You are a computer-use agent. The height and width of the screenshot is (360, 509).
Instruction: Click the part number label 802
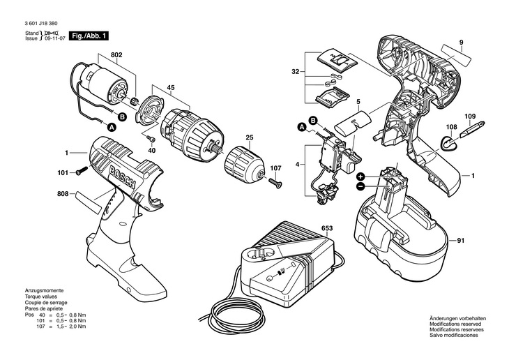tap(116, 55)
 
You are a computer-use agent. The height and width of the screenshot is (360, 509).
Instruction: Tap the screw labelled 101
tap(82, 171)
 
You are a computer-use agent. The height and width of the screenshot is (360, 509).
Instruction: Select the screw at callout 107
tap(275, 182)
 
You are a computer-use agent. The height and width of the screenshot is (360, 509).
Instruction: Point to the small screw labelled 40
tap(151, 139)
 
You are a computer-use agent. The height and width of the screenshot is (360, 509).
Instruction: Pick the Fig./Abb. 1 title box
tap(89, 36)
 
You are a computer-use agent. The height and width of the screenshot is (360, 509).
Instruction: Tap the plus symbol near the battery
tap(360, 177)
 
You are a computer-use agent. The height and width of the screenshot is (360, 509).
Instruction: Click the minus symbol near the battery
tap(360, 186)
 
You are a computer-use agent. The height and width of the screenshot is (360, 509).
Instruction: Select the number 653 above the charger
tap(327, 228)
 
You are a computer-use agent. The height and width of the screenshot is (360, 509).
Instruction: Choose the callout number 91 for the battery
tap(461, 241)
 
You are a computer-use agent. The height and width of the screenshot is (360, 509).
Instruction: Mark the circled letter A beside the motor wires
tap(112, 128)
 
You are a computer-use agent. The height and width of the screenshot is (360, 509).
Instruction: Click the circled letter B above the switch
tap(313, 120)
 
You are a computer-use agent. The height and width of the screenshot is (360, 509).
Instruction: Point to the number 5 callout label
tap(358, 102)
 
